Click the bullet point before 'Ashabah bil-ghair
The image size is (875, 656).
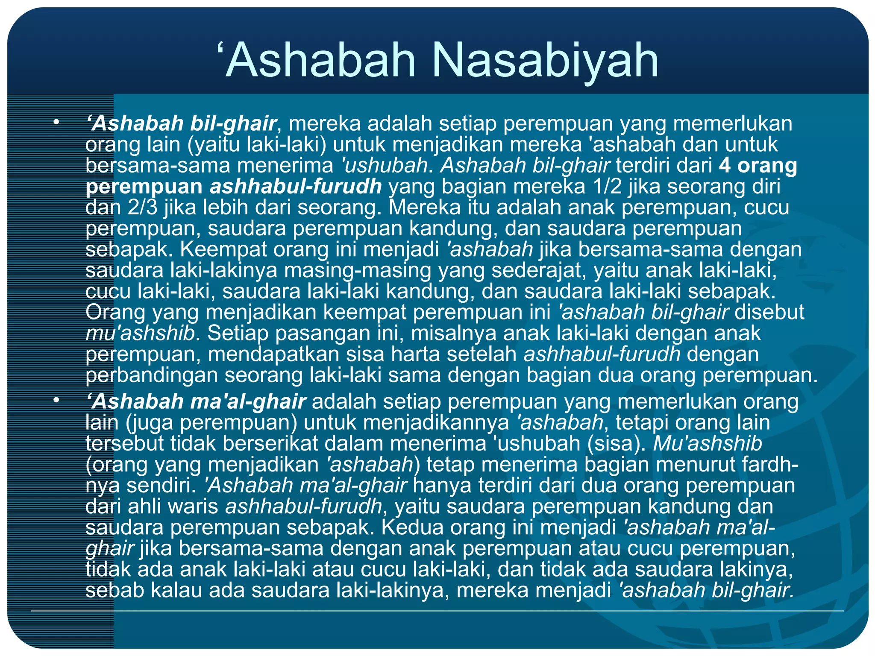pyautogui.click(x=56, y=123)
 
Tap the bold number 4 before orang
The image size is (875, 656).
pyautogui.click(x=725, y=165)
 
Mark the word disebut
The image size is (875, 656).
pyautogui.click(x=769, y=312)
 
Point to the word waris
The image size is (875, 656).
pyautogui.click(x=194, y=506)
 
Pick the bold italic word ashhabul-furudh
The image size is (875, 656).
pyautogui.click(x=296, y=186)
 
